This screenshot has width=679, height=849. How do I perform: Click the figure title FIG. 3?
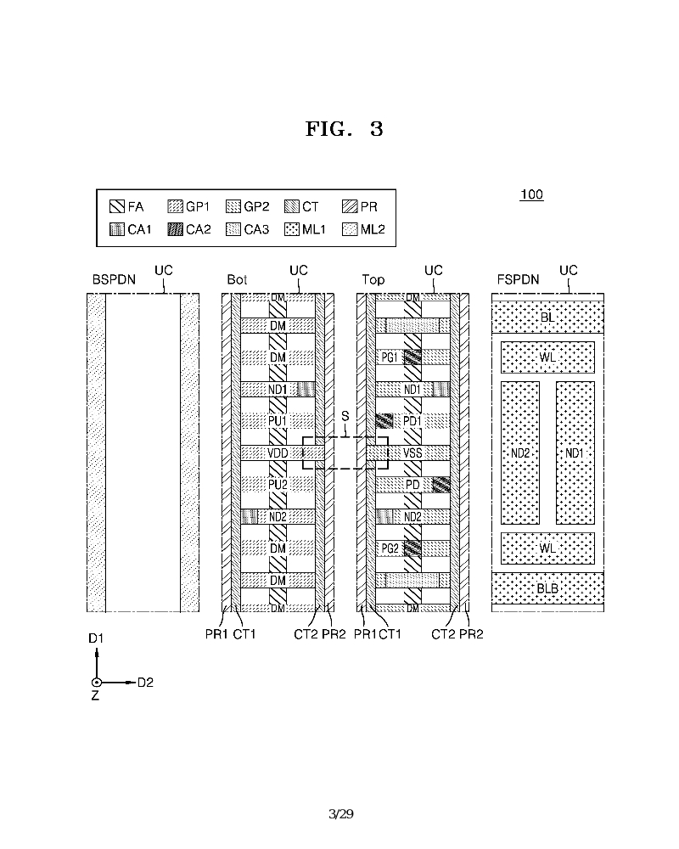[344, 129]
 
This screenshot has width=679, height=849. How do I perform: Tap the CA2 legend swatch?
[176, 229]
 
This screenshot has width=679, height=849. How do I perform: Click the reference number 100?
[531, 195]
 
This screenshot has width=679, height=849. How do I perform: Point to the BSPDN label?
[109, 279]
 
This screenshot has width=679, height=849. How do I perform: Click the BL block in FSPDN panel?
[547, 317]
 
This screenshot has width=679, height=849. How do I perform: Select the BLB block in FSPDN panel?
[547, 587]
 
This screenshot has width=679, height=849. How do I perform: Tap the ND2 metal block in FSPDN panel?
[520, 453]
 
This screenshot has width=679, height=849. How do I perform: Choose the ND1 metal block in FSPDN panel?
[575, 453]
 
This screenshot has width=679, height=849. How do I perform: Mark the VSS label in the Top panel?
[412, 453]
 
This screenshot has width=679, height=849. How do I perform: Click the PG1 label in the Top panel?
[390, 357]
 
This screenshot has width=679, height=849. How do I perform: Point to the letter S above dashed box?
[345, 417]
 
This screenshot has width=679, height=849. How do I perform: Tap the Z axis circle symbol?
[97, 683]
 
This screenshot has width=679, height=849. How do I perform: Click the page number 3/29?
[339, 814]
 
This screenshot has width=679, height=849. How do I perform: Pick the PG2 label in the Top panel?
[390, 549]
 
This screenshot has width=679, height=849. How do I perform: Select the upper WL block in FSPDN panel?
[547, 357]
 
